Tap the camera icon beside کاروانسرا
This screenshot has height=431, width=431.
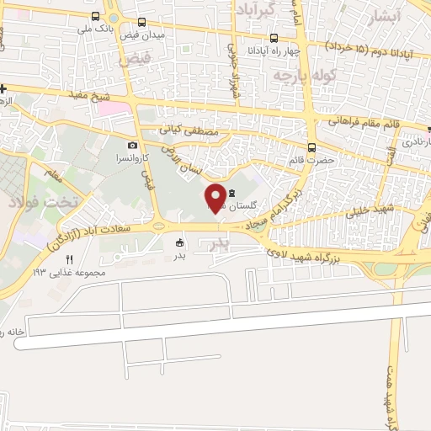click(x=131, y=145)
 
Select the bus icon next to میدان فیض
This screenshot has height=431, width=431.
click(x=141, y=23)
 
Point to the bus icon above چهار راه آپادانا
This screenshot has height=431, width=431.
click(x=274, y=38)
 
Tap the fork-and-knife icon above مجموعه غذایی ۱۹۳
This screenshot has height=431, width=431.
click(x=70, y=259)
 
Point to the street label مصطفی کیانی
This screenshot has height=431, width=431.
click(x=189, y=131)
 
